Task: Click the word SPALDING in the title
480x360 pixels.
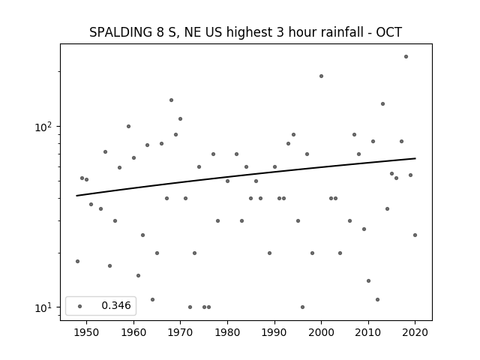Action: click(121, 32)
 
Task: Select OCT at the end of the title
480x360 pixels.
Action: click(388, 32)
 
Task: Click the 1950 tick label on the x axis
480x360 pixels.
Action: click(86, 332)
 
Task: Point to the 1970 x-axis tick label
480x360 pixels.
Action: click(180, 332)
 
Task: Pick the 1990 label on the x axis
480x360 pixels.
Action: click(274, 332)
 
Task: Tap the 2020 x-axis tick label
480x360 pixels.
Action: click(415, 332)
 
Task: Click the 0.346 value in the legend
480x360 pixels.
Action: click(116, 305)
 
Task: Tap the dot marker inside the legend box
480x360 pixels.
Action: click(80, 306)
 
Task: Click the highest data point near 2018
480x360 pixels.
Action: click(406, 57)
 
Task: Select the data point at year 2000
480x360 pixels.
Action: click(321, 76)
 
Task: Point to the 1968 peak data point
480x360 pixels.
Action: click(171, 100)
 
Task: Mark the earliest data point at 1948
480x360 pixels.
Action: click(77, 262)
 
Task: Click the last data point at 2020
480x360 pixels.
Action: click(415, 235)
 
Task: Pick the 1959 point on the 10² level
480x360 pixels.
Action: click(128, 127)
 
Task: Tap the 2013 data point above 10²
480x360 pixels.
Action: click(382, 104)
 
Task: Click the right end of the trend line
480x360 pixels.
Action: click(415, 158)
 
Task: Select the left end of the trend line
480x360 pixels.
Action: click(76, 196)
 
